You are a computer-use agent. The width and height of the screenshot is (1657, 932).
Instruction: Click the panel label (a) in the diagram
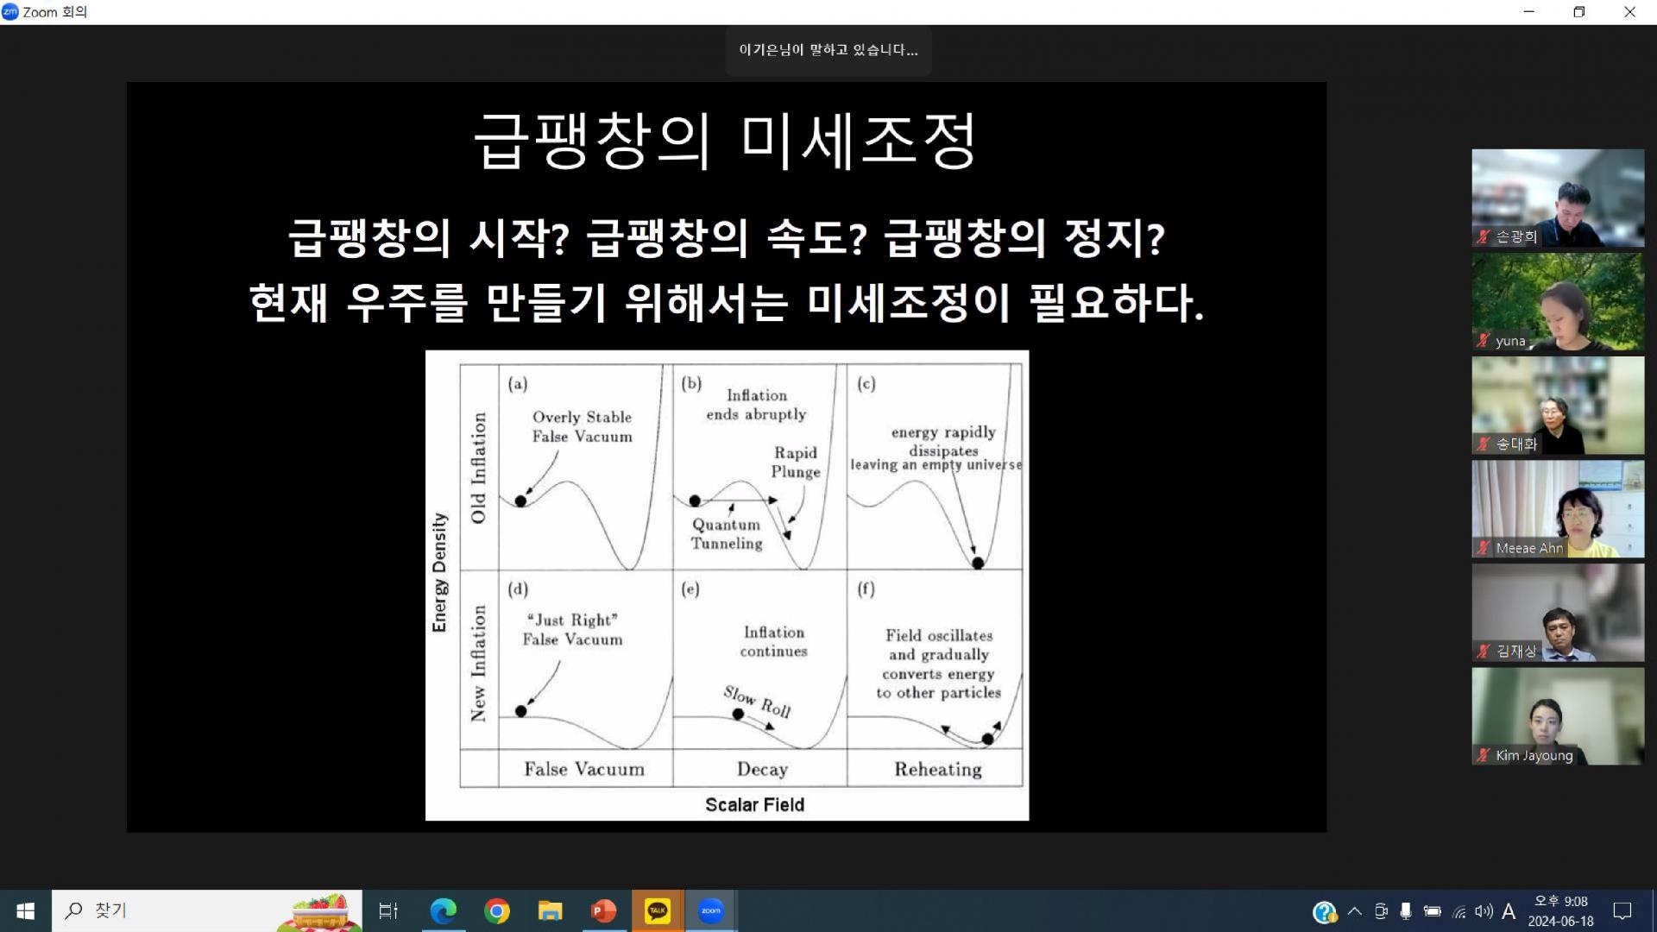518,384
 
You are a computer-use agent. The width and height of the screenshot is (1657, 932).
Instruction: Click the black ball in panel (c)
978,563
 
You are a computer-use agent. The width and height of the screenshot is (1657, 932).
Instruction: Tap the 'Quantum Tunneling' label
727,534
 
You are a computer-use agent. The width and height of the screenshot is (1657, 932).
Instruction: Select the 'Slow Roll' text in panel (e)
757,702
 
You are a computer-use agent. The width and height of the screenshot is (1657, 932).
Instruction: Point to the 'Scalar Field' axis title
754,805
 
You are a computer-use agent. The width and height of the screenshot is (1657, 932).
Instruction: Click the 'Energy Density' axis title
439,572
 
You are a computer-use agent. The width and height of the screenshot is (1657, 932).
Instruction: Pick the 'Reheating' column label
938,769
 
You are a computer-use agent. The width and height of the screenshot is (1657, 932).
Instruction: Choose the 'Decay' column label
762,769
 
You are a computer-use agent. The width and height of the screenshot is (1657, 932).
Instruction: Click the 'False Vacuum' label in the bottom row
584,769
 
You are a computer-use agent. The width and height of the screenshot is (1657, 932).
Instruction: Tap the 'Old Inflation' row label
478,467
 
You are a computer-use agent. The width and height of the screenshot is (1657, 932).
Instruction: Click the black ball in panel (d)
520,711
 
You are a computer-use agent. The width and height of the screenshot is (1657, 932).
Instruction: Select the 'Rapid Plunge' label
796,463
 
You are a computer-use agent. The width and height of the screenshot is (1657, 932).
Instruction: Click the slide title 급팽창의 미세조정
726,141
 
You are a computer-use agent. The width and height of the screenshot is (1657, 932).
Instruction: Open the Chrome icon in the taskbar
497,910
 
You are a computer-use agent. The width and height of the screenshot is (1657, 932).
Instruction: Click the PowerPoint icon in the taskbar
603,910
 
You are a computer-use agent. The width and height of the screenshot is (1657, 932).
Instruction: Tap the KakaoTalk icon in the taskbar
658,910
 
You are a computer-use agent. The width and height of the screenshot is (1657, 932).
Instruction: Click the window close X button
1629,12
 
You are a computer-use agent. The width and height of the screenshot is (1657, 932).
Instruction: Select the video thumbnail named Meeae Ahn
1558,509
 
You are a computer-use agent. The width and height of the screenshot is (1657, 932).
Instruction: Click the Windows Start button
25,910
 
